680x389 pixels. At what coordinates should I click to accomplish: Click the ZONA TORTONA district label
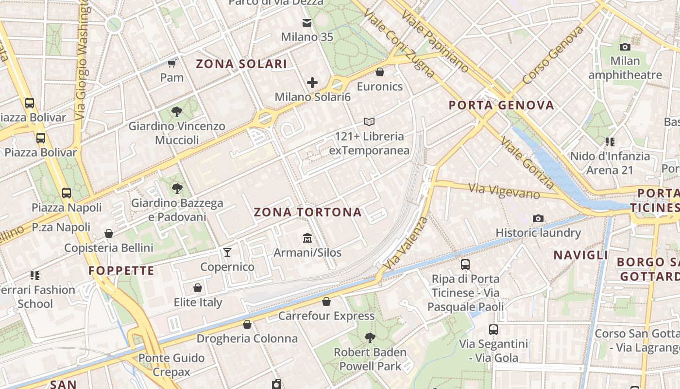coord(307,212)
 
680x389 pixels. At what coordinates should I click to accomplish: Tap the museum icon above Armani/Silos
coord(307,238)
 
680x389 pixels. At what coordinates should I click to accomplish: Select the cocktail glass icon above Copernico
coord(227,252)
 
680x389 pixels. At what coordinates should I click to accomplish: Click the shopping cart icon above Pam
coord(171,63)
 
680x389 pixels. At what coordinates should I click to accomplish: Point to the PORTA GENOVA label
coord(501,105)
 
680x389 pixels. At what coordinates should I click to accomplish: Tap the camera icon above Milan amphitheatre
coord(625,47)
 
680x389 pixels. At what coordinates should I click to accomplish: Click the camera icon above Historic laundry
coord(538,219)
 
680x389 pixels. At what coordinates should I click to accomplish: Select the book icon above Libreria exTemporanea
coord(369,122)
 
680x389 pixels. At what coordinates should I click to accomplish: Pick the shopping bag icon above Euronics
coord(380,72)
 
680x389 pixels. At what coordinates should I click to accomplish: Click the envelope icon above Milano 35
coord(307,22)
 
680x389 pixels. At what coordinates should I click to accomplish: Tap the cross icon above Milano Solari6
coord(312,83)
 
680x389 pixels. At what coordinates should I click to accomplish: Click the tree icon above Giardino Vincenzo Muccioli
coord(177,112)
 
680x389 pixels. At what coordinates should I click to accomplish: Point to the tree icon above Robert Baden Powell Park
coord(370,337)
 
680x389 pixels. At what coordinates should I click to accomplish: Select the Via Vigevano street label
coord(504,190)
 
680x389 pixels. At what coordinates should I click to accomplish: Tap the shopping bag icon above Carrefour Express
coord(326,301)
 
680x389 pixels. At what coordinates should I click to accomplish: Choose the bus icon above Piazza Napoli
coord(67,193)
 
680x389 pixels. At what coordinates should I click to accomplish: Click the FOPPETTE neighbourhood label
coord(121,270)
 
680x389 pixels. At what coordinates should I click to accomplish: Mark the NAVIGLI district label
coord(581,255)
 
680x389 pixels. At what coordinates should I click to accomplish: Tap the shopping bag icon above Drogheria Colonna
coord(247,324)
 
